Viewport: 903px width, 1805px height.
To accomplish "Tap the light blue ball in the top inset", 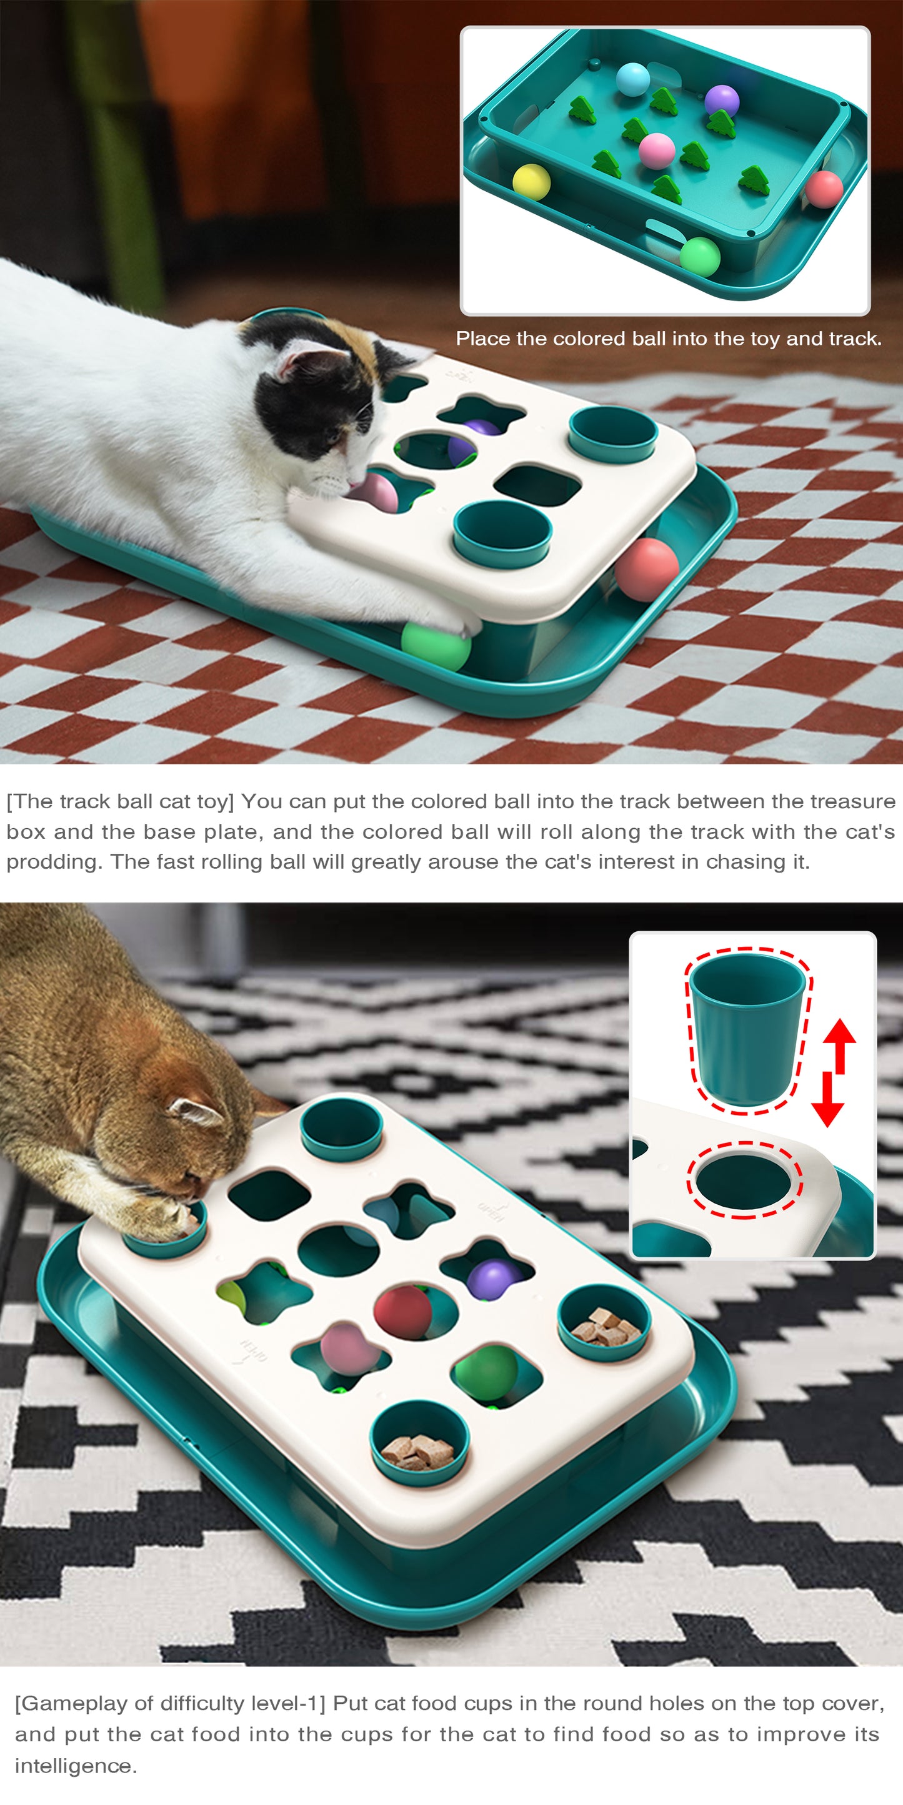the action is [633, 79].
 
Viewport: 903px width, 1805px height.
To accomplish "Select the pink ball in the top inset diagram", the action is [657, 150].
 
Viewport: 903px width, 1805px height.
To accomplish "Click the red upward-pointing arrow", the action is [839, 1046].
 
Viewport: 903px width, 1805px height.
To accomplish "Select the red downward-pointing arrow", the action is [828, 1099].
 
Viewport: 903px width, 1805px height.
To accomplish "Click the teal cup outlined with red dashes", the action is [748, 1027].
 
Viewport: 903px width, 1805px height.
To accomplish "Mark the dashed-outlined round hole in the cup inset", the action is [744, 1182].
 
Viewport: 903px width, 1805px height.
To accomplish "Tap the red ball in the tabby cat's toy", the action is [402, 1311].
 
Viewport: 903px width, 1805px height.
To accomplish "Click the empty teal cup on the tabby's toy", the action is [341, 1127].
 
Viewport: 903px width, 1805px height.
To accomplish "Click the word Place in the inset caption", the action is [482, 339].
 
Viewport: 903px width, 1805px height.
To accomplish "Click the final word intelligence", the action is [75, 1766].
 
